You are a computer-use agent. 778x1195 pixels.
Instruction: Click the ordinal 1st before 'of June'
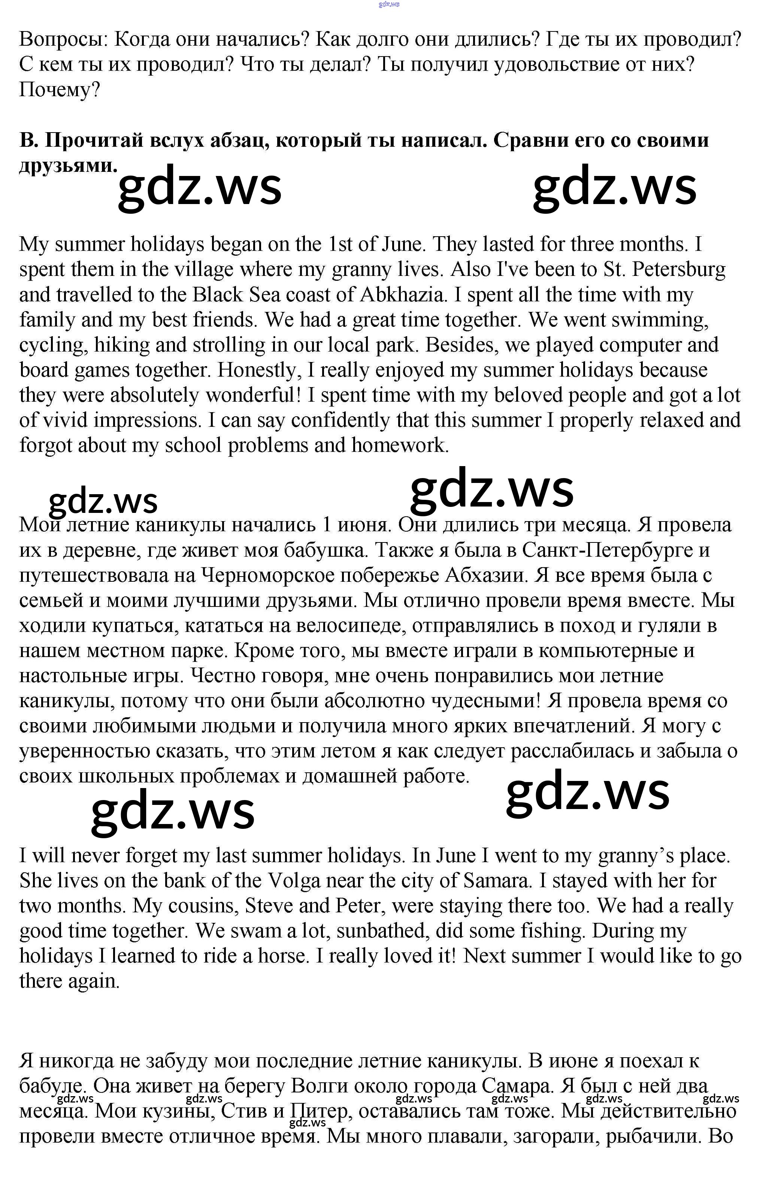(x=340, y=244)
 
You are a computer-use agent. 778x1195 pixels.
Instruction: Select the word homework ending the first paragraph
(x=400, y=446)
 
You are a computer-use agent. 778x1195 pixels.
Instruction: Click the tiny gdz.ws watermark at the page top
(x=389, y=4)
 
